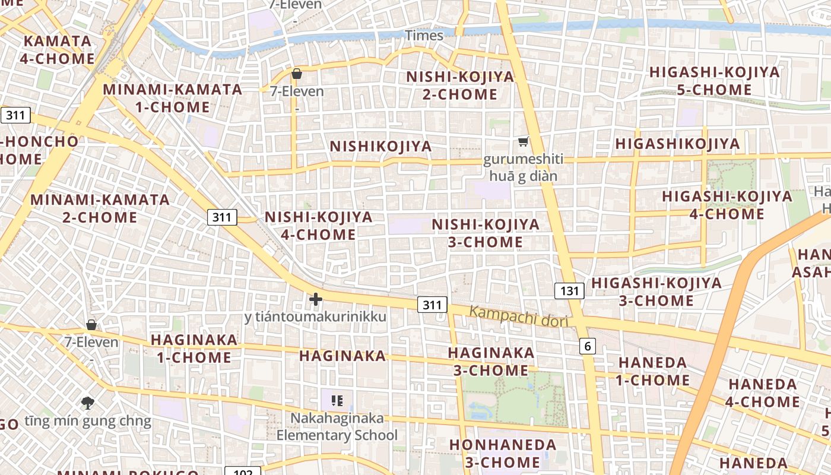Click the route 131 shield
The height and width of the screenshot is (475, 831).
[x=569, y=290]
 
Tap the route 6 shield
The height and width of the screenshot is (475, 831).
[x=587, y=346]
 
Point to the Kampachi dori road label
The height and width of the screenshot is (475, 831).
[x=519, y=316]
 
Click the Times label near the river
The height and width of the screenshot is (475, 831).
[x=424, y=36]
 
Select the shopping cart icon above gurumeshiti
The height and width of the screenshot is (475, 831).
[x=523, y=141]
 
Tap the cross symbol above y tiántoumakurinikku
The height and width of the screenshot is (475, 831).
[x=315, y=300]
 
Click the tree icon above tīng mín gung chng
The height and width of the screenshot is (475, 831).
[x=88, y=403]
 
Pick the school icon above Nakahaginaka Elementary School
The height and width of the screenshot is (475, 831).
[x=337, y=401]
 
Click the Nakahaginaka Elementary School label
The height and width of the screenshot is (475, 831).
[x=337, y=427]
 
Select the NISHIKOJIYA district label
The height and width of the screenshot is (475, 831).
[x=380, y=146]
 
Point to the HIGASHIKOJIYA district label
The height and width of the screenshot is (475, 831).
[x=677, y=144]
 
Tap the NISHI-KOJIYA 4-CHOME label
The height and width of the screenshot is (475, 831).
[x=319, y=226]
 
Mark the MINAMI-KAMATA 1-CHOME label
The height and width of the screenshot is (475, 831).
[x=173, y=99]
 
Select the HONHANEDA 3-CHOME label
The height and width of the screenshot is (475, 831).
[x=503, y=453]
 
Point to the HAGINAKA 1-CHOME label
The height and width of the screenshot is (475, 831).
[x=194, y=349]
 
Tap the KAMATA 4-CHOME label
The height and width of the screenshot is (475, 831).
[x=58, y=50]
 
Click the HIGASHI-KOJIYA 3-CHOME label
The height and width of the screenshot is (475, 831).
[x=656, y=291]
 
